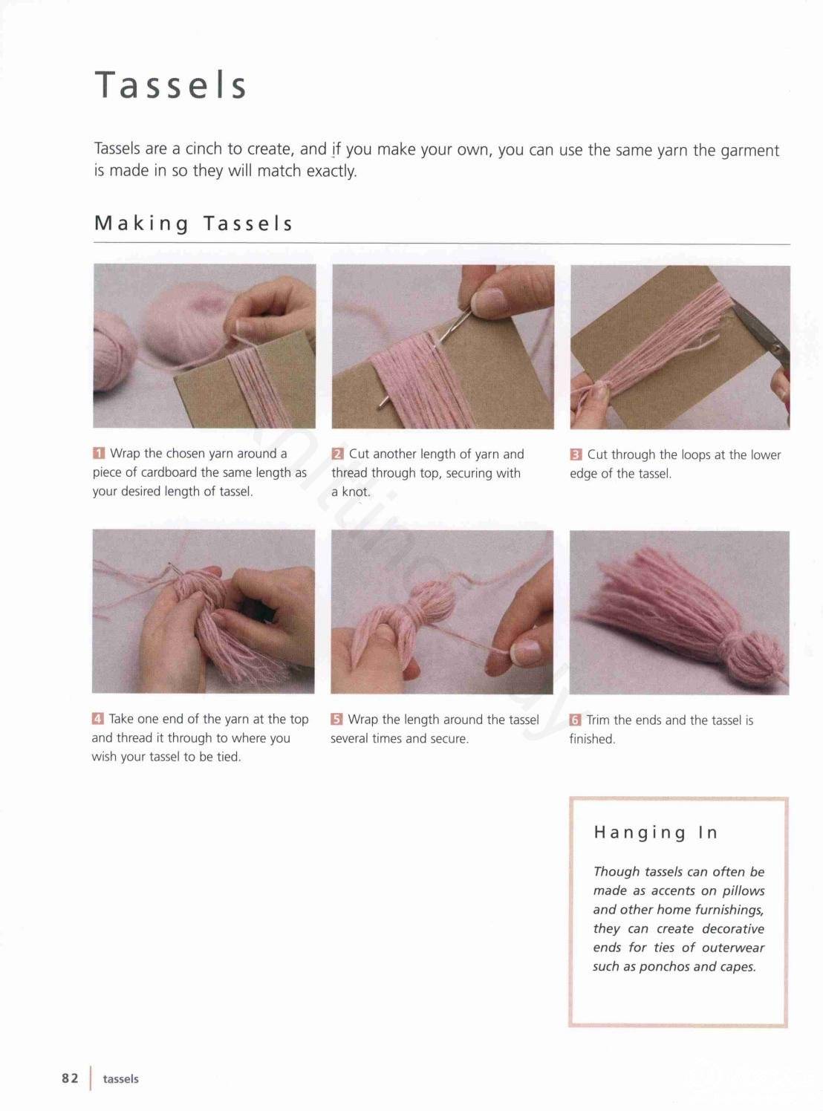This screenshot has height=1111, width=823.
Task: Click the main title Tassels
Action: (170, 85)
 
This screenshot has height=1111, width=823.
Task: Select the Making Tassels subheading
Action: (193, 224)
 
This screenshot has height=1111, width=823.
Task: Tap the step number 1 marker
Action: (99, 454)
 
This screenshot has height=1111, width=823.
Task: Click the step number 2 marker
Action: (337, 454)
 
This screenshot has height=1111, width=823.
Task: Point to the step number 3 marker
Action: (576, 454)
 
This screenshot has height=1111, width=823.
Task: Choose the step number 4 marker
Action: (98, 720)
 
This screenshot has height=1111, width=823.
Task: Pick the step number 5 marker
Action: (336, 720)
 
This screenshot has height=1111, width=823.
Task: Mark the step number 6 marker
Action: (575, 720)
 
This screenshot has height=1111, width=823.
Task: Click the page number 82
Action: (70, 1078)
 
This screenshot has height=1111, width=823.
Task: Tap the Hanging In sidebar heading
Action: (656, 833)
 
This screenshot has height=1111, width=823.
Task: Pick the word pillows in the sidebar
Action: (744, 891)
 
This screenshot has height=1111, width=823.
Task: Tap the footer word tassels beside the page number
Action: (121, 1079)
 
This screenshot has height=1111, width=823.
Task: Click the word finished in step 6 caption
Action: (592, 740)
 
